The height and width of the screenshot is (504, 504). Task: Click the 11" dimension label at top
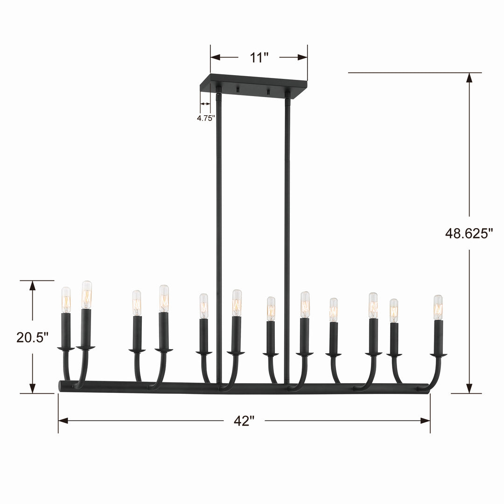coord(259,58)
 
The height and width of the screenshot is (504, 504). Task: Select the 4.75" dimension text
coord(205,118)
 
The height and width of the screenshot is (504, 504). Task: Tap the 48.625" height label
coord(469,233)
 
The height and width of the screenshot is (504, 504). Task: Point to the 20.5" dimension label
coord(32,337)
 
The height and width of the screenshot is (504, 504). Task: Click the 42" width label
coord(244,421)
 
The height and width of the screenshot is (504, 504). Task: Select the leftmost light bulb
coord(66,300)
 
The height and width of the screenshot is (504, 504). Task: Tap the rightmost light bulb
coord(438,307)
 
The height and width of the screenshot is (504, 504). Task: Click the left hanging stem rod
coord(219,233)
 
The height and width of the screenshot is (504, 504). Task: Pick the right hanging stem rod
coord(287,233)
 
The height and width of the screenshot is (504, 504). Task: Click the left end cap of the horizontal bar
coord(61,385)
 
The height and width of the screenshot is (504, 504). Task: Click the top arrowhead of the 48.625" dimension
coord(469,78)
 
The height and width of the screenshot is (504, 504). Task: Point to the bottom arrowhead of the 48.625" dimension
coord(469,388)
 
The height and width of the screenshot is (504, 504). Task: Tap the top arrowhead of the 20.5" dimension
coord(32,286)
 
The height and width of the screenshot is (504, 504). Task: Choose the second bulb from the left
coord(87,294)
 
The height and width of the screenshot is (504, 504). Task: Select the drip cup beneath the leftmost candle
coord(66,349)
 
